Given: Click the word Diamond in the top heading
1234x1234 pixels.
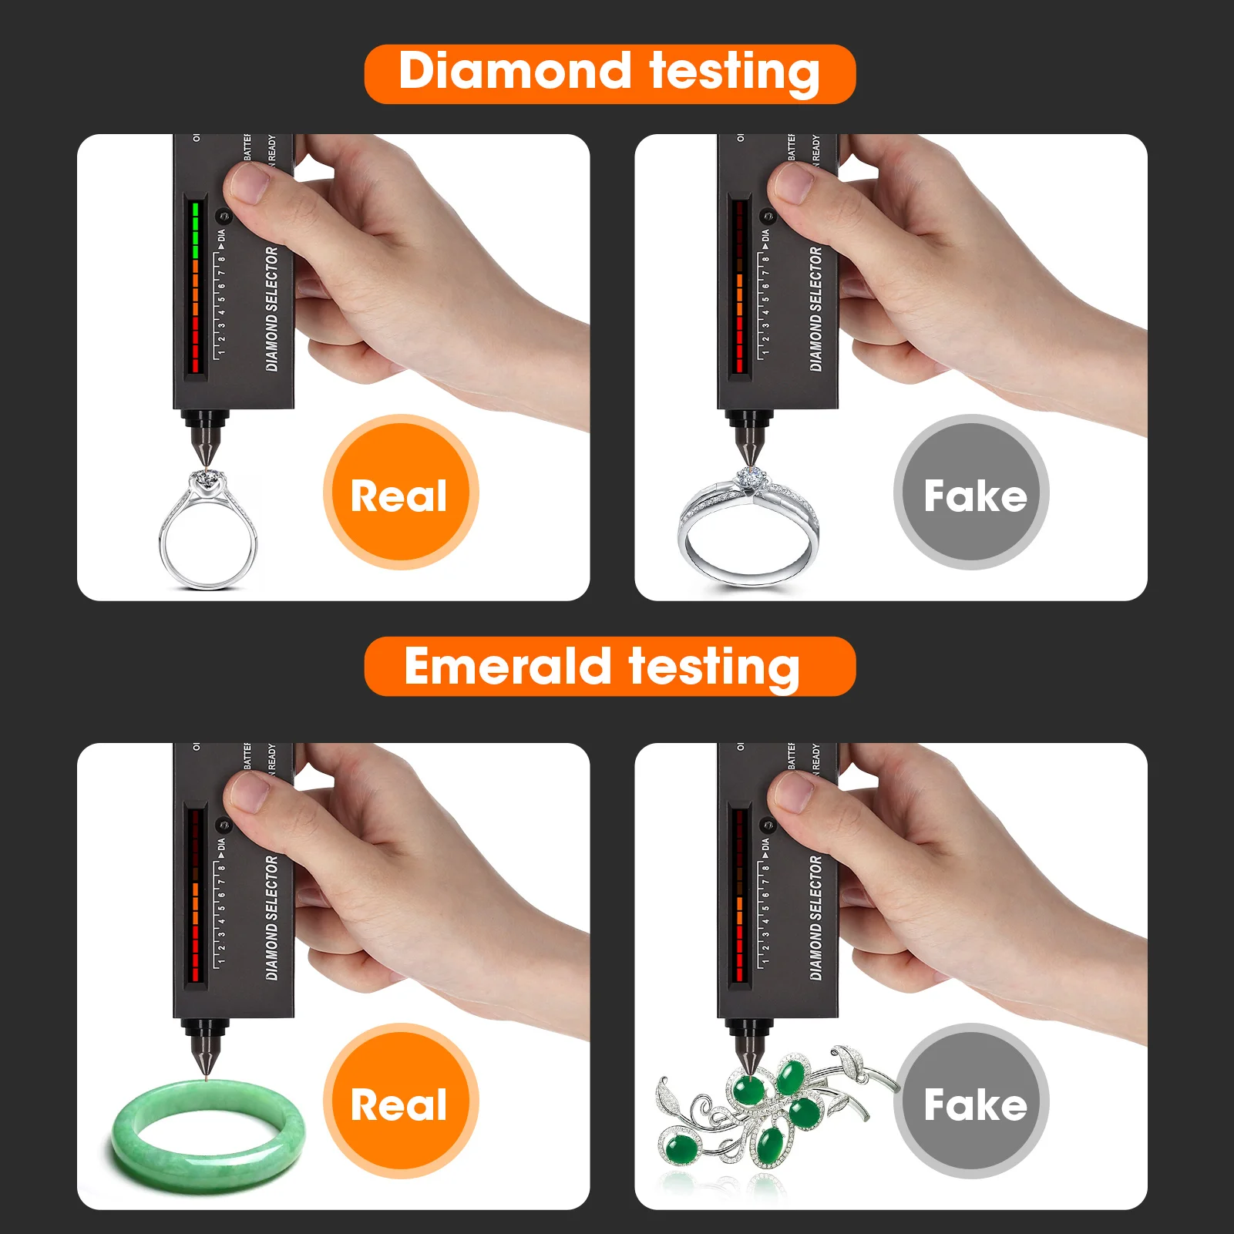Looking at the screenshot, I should click(514, 72).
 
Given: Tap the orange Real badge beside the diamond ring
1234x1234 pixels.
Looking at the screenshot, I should click(400, 493).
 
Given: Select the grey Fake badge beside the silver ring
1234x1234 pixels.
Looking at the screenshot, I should click(972, 493).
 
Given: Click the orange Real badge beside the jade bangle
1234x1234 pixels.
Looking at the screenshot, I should click(400, 1102).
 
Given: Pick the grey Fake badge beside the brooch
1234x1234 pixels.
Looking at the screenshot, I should click(972, 1102).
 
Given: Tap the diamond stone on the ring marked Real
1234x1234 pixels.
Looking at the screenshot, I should click(207, 479).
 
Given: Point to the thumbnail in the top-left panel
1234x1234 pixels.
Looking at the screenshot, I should click(250, 185).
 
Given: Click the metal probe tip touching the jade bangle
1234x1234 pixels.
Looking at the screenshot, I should click(206, 1068).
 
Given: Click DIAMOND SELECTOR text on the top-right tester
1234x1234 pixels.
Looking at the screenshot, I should click(815, 308).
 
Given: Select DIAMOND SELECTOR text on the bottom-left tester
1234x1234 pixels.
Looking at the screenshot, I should click(271, 917).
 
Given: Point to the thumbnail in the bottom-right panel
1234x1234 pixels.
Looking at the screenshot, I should click(794, 794).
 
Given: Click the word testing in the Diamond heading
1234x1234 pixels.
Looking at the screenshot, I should click(734, 72).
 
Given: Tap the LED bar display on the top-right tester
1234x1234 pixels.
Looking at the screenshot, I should click(740, 285).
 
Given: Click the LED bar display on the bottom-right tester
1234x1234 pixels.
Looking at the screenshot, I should click(740, 894).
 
